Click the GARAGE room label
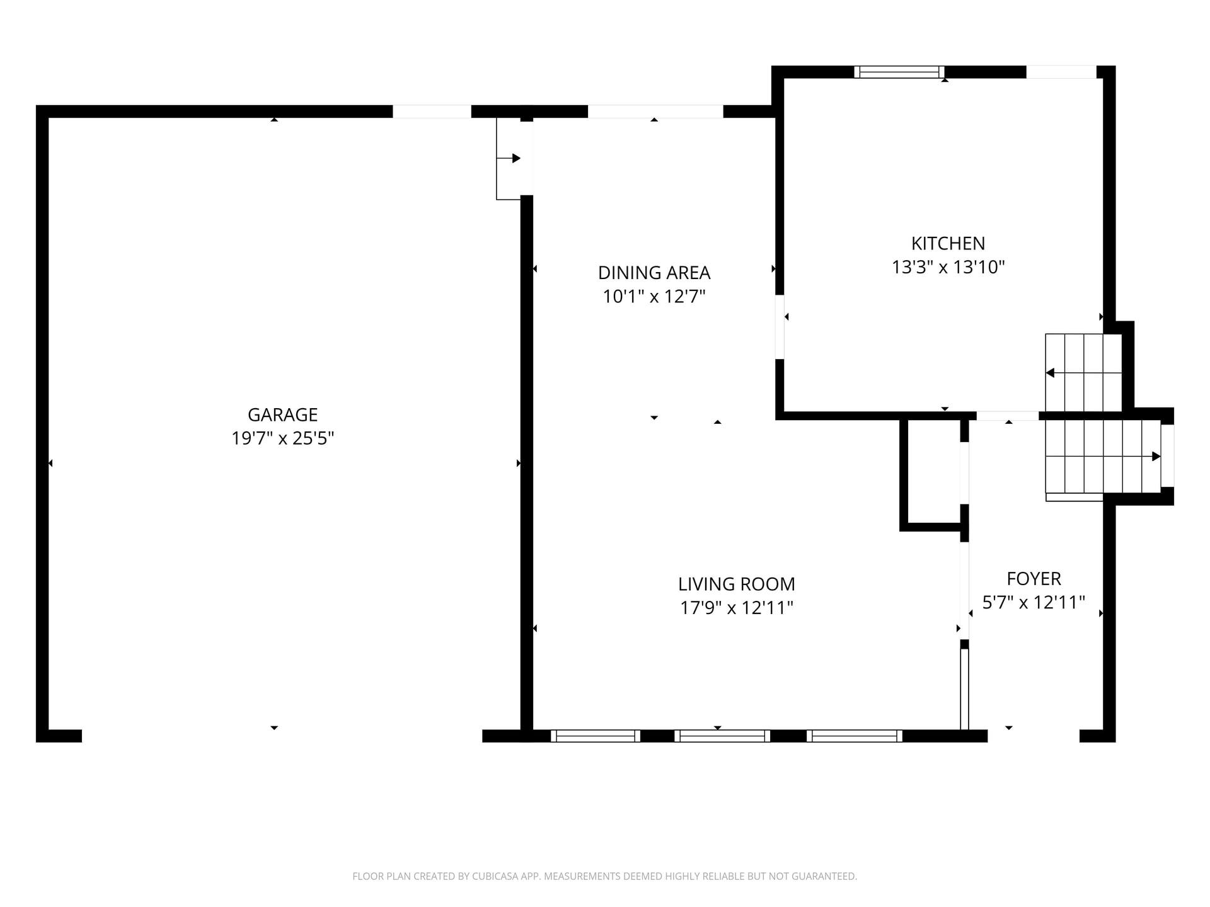(282, 414)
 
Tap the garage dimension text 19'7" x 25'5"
(282, 438)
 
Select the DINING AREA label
(654, 273)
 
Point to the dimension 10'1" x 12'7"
(654, 296)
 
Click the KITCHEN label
(948, 243)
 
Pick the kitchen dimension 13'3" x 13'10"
(948, 267)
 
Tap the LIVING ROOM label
(737, 584)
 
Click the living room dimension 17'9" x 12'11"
(737, 608)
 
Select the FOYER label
(1034, 578)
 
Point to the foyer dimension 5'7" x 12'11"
(1034, 602)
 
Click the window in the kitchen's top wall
(899, 72)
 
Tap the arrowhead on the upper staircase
(1050, 373)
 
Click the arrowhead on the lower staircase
(1156, 456)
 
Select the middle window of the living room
(722, 736)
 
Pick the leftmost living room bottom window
(596, 736)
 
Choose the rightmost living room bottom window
(855, 736)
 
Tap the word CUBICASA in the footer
(493, 876)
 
